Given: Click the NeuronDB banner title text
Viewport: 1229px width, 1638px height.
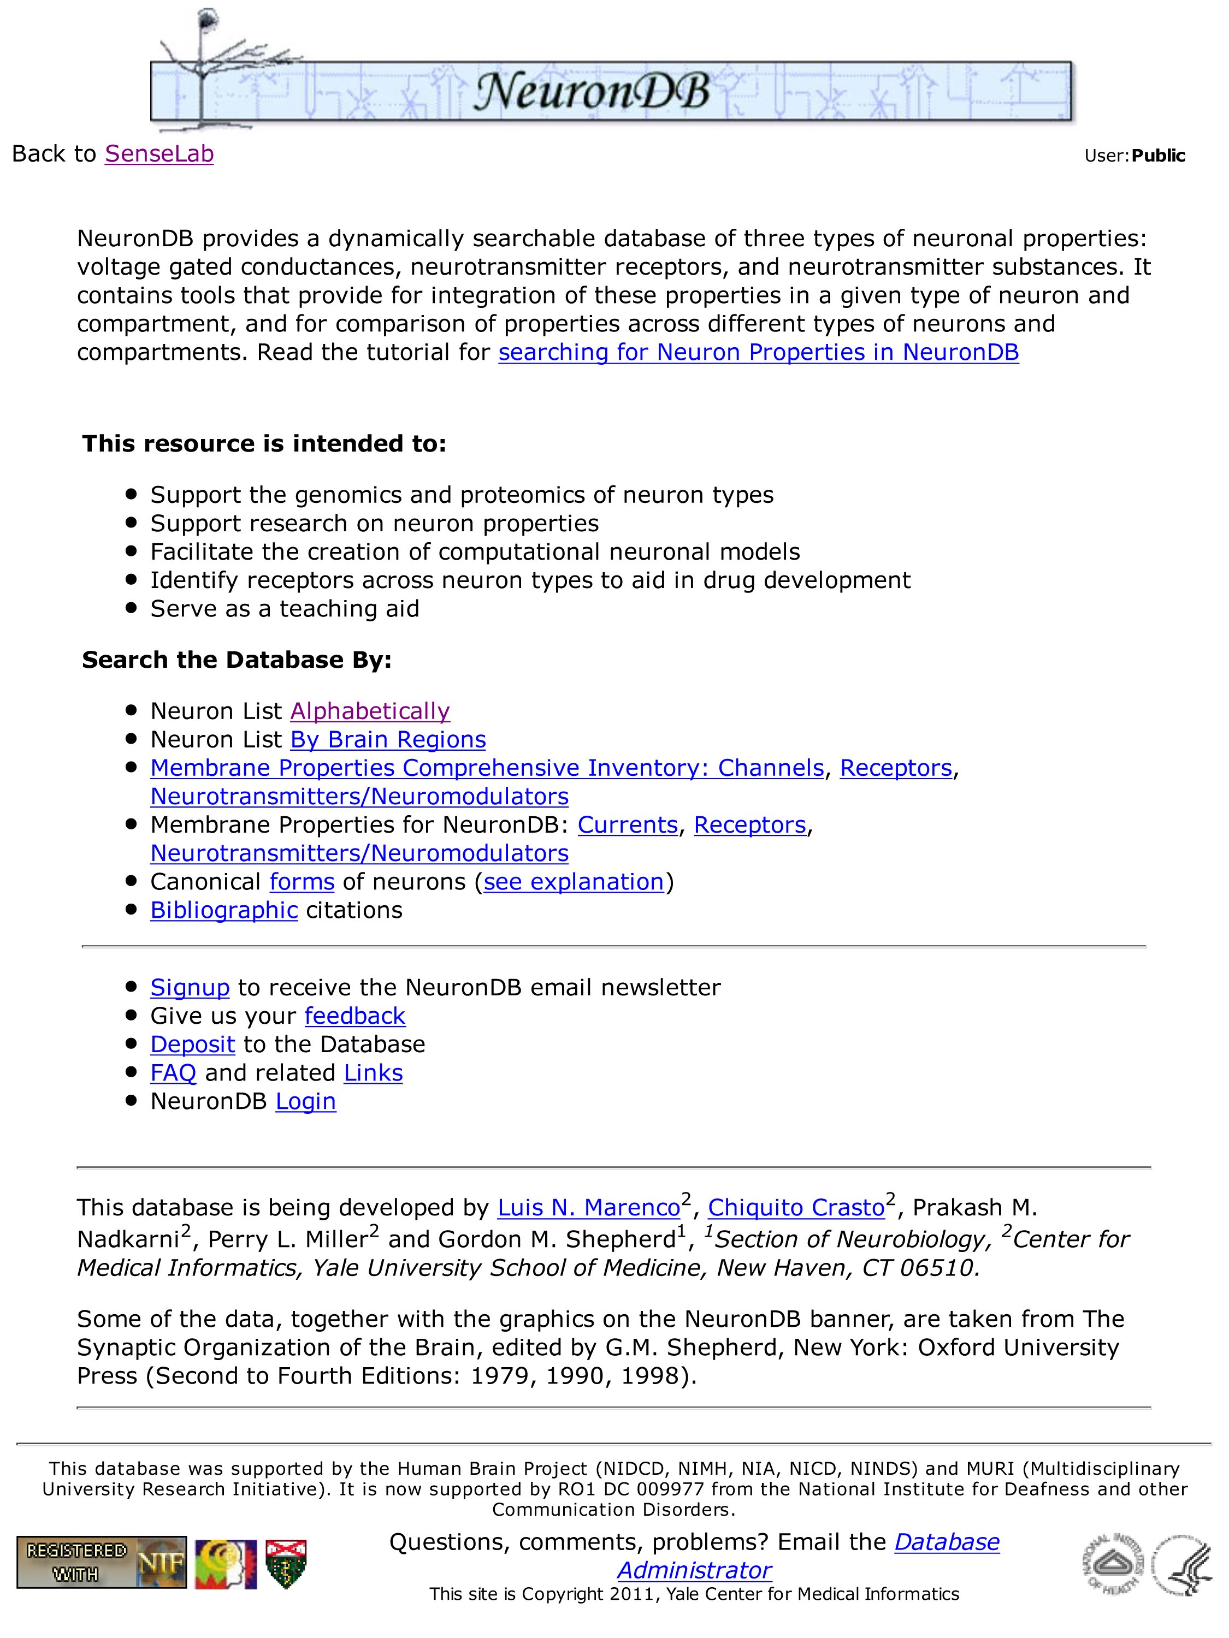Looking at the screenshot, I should point(591,93).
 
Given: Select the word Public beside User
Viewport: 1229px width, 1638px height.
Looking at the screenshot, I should point(1158,156).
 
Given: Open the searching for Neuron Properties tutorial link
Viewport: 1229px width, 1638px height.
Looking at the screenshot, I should point(758,353).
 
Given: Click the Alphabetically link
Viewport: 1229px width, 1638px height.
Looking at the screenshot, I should point(370,711).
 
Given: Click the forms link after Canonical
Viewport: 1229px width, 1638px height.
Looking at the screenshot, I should point(302,882).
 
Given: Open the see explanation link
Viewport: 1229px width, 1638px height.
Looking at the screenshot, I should point(574,882).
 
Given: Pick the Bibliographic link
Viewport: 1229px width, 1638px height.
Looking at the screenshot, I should point(224,910).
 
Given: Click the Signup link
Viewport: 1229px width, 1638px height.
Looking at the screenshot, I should point(190,988).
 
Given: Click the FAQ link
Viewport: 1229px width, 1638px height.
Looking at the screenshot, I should point(173,1073).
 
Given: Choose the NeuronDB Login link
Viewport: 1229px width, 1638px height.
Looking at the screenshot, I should point(305,1102).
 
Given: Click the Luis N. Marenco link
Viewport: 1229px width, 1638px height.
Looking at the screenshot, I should point(588,1208).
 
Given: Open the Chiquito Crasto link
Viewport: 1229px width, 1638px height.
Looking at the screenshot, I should point(796,1208).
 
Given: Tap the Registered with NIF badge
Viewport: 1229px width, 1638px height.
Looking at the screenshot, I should point(102,1563).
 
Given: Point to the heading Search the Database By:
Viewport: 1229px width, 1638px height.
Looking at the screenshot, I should point(237,660).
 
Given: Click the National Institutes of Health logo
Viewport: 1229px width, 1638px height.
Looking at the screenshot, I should point(1112,1563).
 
